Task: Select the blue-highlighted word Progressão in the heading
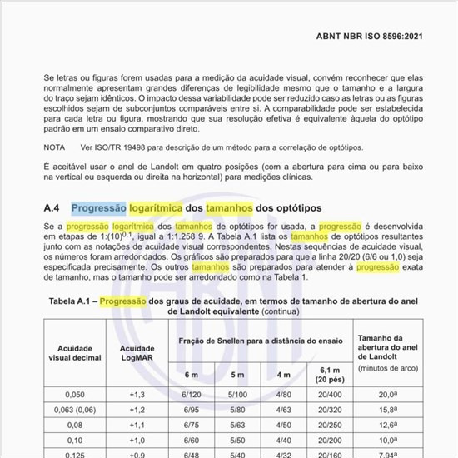(98, 207)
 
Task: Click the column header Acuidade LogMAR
(137, 353)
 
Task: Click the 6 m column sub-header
(191, 375)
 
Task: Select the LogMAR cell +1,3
(137, 395)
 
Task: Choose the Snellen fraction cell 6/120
(191, 395)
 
